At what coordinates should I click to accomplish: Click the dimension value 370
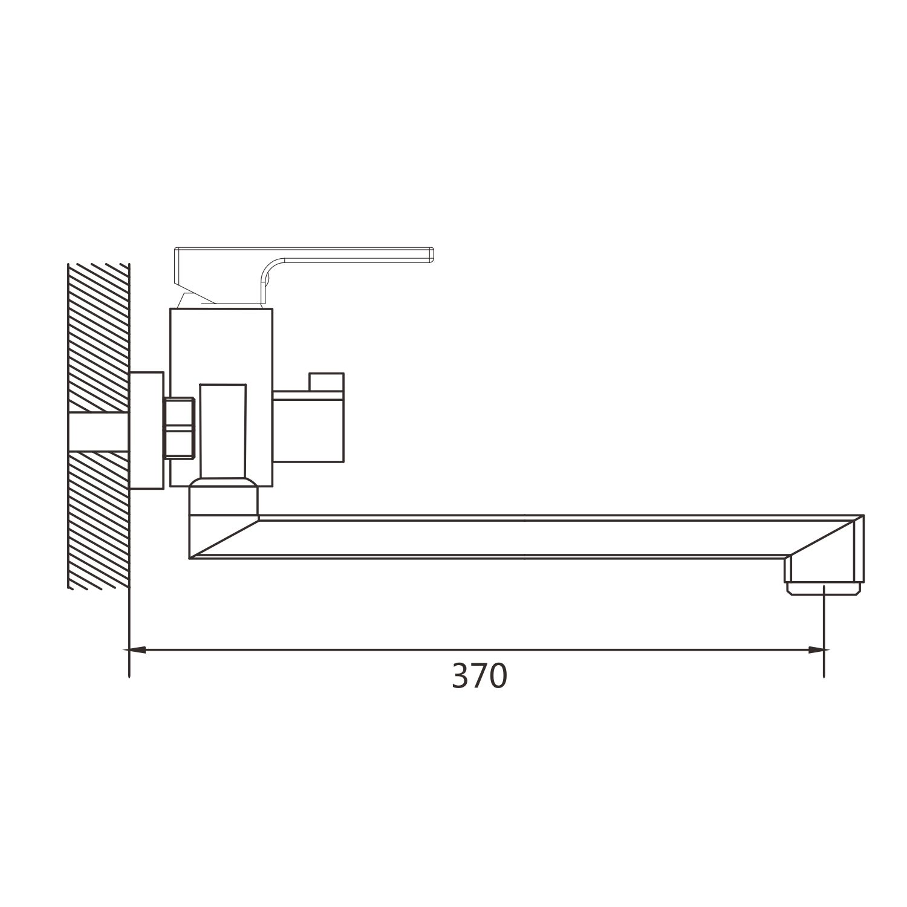tap(480, 676)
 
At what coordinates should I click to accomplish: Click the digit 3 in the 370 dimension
tap(460, 676)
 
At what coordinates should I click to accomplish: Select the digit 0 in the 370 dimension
tap(498, 676)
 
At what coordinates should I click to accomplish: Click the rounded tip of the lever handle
tap(431, 255)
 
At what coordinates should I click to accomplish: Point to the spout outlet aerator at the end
tap(824, 588)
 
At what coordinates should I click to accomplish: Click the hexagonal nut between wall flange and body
tap(178, 428)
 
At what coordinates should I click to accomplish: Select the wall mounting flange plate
tap(147, 430)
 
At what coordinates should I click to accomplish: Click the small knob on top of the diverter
tap(326, 382)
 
